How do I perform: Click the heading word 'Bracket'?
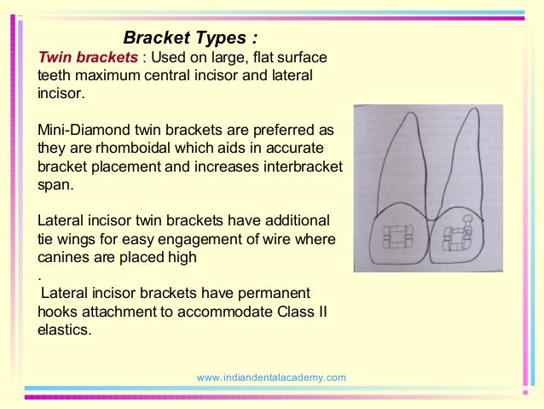[154, 38]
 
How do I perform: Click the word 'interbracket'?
[298, 167]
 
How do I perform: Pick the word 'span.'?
[55, 184]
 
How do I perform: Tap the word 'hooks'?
[59, 311]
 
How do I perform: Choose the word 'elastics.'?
[65, 329]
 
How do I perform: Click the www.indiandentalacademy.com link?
[271, 377]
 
